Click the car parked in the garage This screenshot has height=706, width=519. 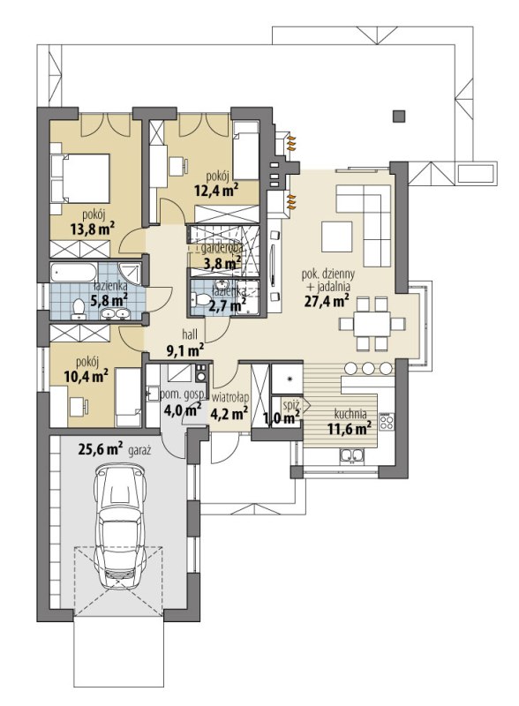119,526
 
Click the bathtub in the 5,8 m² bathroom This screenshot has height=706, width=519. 73,273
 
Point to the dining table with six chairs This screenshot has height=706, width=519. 372,324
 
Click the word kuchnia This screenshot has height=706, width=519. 350,414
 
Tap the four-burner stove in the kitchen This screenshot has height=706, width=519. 386,423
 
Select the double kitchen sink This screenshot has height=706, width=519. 351,455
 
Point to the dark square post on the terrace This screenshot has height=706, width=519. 399,116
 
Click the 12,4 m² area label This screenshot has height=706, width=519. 216,191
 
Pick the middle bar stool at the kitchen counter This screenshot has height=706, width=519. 369,368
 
